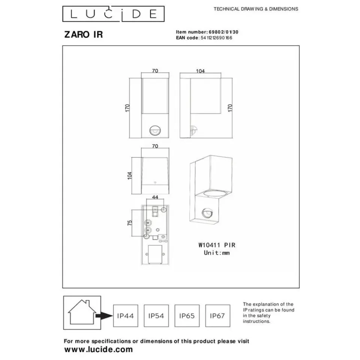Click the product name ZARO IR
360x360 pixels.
84,35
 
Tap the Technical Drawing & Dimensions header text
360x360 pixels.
256,9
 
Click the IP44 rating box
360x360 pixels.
125,316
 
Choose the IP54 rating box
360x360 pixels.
156,316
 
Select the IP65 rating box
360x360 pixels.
187,316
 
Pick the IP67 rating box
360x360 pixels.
217,316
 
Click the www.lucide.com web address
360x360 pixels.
98,349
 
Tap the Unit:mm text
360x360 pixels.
216,253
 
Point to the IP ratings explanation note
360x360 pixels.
268,313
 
